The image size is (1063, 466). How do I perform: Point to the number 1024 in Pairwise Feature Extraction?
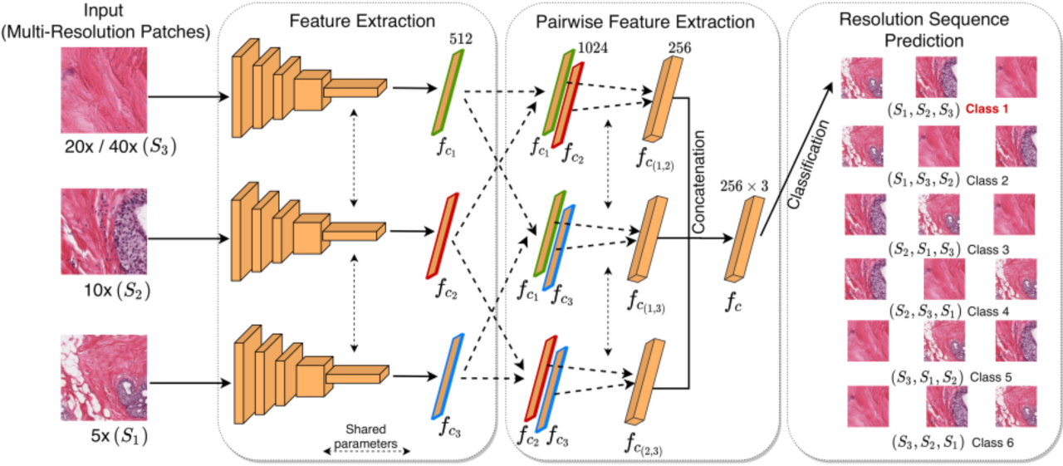click(x=594, y=48)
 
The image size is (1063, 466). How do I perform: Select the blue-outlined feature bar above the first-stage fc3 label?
click(x=447, y=375)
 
